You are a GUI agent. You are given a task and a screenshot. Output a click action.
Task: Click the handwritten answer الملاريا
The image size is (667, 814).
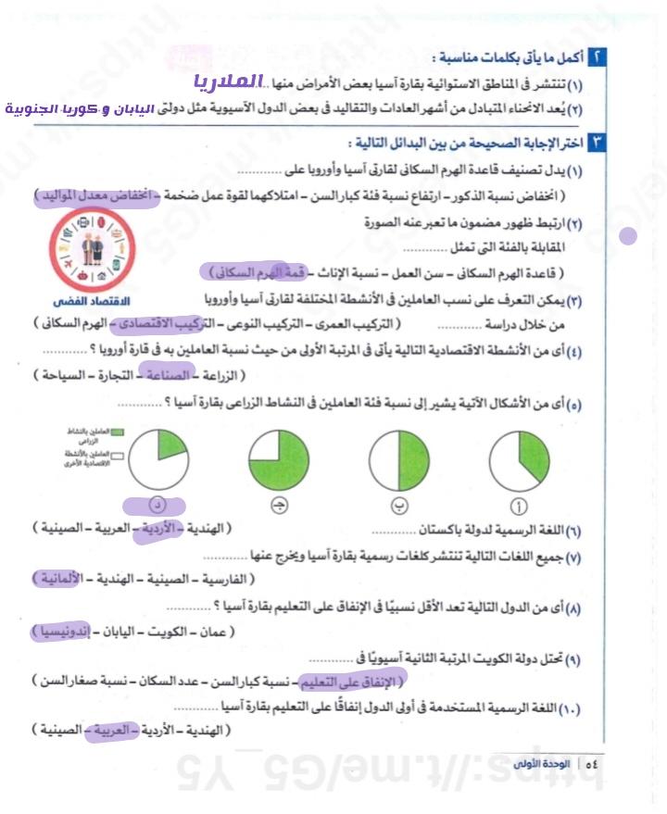[229, 82]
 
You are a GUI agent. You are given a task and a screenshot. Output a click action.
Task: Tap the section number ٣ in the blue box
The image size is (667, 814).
[598, 143]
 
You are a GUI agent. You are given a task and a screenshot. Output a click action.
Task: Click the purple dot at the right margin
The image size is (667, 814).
[628, 235]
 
